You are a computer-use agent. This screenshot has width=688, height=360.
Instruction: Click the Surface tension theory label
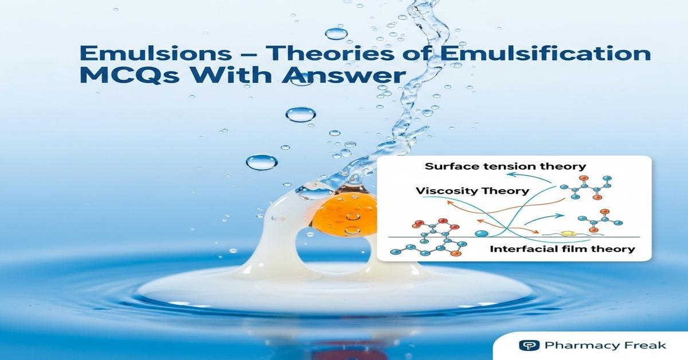coord(506,166)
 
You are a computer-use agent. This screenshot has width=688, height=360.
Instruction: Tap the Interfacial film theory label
coord(562,249)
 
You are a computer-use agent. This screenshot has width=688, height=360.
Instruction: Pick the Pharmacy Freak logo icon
coord(525,345)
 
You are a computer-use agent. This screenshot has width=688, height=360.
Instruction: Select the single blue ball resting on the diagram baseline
coord(482,234)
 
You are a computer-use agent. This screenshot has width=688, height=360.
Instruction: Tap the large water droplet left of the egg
coord(261,162)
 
